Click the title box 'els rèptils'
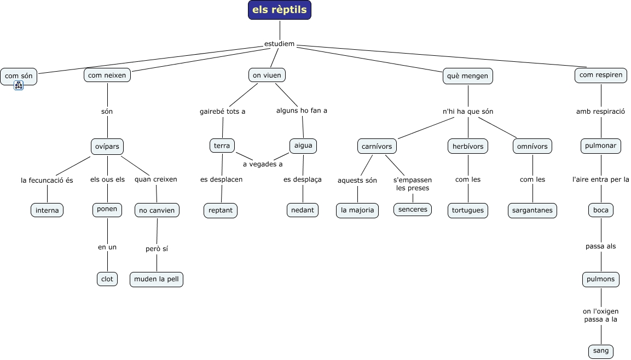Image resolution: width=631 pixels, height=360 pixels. tap(280, 10)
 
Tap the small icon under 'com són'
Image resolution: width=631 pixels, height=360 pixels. tap(19, 85)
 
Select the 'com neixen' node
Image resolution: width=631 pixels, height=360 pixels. tap(107, 75)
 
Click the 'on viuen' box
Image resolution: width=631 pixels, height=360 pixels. tap(267, 75)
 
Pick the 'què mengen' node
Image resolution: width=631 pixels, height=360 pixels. tap(467, 76)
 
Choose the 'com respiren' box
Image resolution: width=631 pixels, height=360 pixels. tap(601, 75)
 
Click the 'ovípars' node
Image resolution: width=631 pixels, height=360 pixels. tap(107, 147)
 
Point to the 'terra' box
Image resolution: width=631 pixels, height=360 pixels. tap(222, 146)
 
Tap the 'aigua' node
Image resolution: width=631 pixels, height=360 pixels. tap(303, 146)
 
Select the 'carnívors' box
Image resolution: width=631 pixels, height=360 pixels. tap(377, 147)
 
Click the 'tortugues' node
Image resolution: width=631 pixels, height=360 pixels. tap(467, 211)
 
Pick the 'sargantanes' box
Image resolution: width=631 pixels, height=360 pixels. tap(532, 211)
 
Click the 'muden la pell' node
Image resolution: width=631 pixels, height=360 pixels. tap(157, 279)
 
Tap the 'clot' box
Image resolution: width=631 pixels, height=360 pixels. tap(107, 279)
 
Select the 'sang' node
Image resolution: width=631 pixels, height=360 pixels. tap(601, 351)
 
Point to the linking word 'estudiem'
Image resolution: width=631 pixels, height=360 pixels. tap(279, 44)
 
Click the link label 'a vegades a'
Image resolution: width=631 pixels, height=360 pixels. tap(263, 164)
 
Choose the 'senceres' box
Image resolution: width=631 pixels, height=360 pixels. tap(413, 210)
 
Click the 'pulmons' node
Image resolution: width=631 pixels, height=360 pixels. tap(601, 279)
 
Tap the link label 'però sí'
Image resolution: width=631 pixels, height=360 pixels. tap(157, 249)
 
